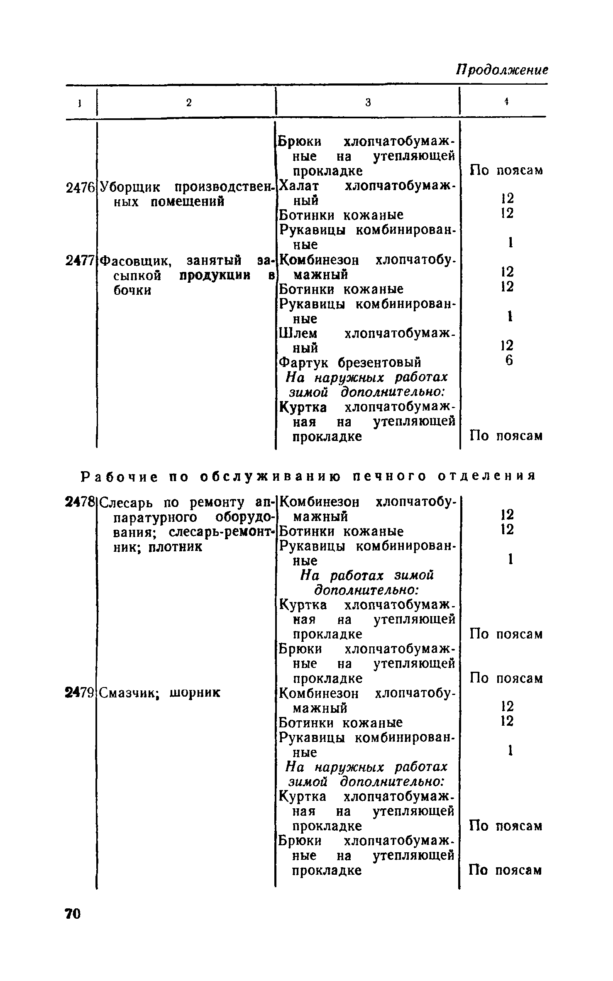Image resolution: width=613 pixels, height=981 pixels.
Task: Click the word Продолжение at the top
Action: coord(502,69)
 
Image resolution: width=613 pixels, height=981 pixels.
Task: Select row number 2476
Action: coord(81,188)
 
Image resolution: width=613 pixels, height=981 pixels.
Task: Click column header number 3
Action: coord(368,103)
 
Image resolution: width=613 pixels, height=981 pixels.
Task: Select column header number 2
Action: coord(189,103)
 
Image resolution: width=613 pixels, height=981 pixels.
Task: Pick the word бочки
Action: coord(132,290)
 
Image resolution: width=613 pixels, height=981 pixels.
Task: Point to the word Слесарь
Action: coord(129,502)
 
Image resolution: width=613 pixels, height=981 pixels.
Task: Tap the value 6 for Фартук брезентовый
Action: coord(509,361)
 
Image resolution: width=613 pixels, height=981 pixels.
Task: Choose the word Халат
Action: coord(298,186)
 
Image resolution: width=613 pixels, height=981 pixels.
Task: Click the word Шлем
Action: coord(298,333)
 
